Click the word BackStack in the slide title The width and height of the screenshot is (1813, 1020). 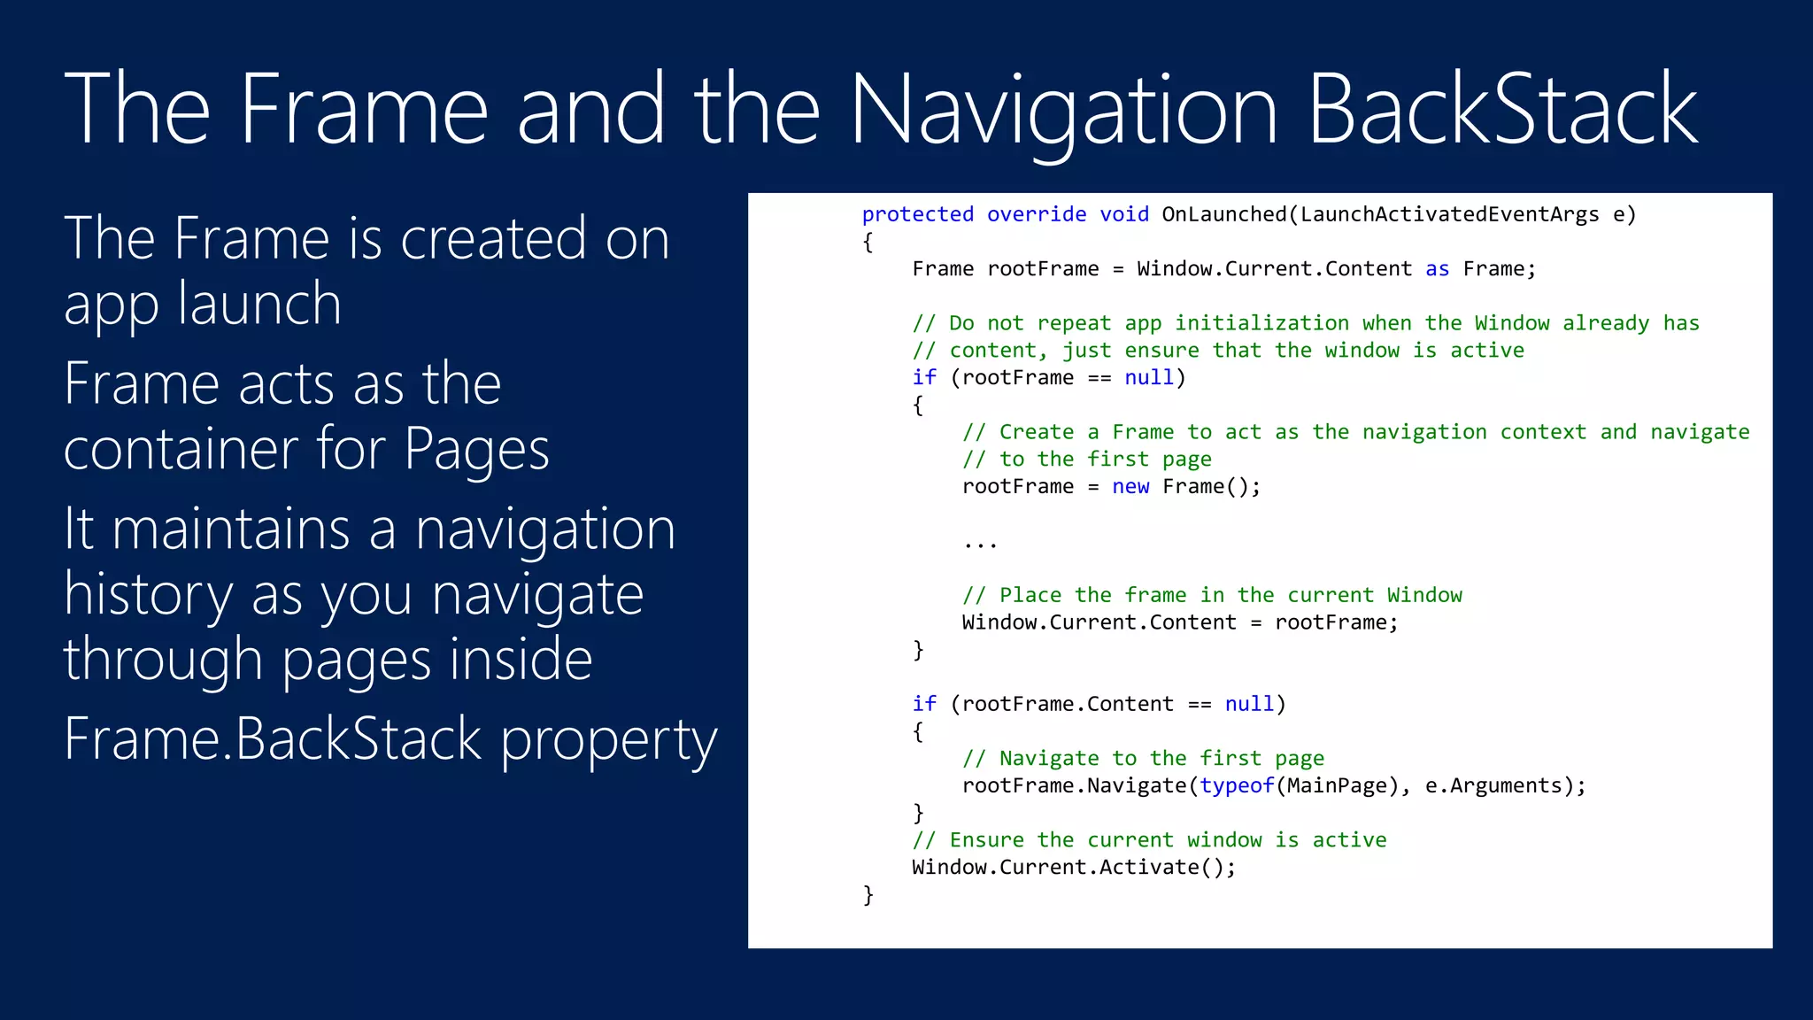point(1502,110)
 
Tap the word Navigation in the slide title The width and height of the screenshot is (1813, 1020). point(1063,110)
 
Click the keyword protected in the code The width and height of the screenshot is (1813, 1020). point(917,214)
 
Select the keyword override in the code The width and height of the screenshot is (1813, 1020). point(1036,214)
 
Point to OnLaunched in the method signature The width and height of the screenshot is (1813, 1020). point(1223,214)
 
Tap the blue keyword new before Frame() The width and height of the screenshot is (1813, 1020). point(1130,487)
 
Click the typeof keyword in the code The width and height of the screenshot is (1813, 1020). point(1237,786)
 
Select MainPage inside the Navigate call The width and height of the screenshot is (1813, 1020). point(1336,786)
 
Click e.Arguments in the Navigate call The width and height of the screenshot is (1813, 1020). point(1493,786)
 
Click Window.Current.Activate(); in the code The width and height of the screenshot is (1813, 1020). point(1074,868)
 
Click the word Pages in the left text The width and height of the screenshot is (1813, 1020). point(476,449)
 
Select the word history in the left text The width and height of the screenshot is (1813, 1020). point(148,594)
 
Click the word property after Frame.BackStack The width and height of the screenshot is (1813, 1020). point(608,739)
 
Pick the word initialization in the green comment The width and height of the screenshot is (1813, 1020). point(1261,323)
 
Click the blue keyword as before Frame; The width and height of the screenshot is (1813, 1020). point(1437,269)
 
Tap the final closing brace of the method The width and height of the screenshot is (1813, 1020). point(868,895)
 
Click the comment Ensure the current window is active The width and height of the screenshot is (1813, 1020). point(1149,840)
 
